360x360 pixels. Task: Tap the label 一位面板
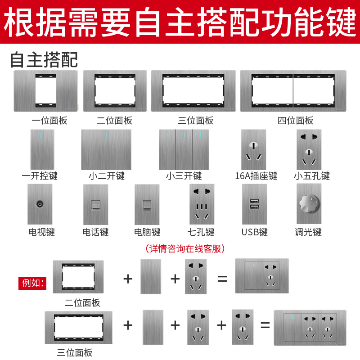point(49,121)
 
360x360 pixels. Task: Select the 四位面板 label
point(295,121)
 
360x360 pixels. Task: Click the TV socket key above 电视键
point(43,204)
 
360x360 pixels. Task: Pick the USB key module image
point(254,204)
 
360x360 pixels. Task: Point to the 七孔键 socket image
point(202,204)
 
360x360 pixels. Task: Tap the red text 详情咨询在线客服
point(185,248)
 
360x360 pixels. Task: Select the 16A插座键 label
point(256,175)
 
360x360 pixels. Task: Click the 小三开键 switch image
point(184,150)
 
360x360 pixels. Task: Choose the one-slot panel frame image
point(45,91)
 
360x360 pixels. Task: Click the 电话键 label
point(95,232)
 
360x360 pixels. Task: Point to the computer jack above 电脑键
point(147,204)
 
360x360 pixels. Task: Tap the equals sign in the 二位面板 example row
point(222,278)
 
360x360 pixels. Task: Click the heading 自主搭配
point(44,59)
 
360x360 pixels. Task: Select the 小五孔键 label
point(312,175)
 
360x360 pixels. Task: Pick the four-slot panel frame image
point(293,91)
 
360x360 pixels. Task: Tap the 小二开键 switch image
point(106,150)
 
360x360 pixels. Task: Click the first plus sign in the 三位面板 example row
point(128,325)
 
